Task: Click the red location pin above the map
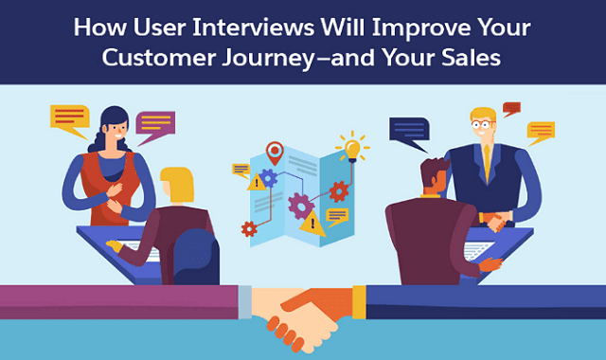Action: (276, 152)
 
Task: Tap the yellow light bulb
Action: (352, 149)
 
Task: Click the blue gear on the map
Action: (269, 177)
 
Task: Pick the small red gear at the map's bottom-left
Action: (249, 228)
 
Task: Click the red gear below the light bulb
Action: (338, 190)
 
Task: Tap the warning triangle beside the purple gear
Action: (312, 224)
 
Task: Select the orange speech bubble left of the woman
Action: (69, 118)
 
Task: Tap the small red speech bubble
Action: (512, 108)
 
